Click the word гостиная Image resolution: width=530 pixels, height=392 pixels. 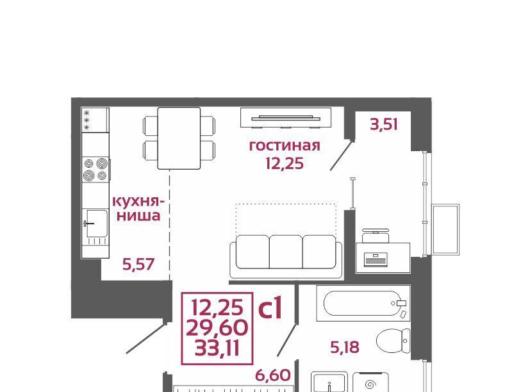click(285, 146)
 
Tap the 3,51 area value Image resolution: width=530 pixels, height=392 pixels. click(384, 124)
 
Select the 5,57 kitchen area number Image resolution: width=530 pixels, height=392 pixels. click(138, 264)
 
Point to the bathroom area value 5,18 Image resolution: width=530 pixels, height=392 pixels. click(344, 347)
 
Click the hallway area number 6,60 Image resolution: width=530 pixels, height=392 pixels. click(273, 375)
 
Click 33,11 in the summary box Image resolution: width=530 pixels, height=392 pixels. click(217, 348)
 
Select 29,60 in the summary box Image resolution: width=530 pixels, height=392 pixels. click(217, 327)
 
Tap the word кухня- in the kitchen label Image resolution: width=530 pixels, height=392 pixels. click(138, 201)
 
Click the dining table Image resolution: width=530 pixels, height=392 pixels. click(179, 138)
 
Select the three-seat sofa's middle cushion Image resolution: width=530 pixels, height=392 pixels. click(286, 252)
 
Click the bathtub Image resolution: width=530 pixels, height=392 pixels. click(363, 303)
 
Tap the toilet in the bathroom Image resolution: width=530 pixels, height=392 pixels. click(393, 341)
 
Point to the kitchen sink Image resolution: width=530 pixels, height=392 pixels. click(97, 224)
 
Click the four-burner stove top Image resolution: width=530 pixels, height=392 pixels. click(95, 169)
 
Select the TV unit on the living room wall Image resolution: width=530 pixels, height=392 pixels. click(286, 118)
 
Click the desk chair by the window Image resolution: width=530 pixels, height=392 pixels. click(375, 236)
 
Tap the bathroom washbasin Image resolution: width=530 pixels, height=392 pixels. click(329, 382)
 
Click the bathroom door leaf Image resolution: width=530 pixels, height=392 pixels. click(287, 340)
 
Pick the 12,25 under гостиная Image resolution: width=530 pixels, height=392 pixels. click(285, 163)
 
